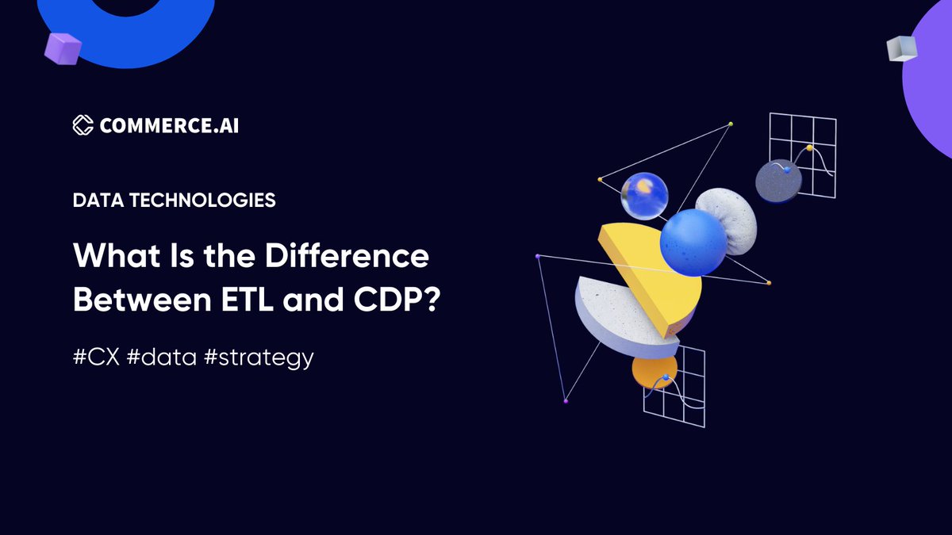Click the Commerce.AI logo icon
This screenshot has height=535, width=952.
point(83,124)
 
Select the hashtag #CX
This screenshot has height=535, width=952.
point(96,357)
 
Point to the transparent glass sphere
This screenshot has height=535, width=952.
point(643,195)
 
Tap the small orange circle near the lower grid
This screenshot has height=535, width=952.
point(653,372)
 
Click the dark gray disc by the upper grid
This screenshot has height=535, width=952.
point(778,179)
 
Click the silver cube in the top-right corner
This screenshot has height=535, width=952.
point(901,49)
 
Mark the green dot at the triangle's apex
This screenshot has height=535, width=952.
point(731,124)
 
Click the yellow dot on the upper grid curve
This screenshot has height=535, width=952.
point(809,148)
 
